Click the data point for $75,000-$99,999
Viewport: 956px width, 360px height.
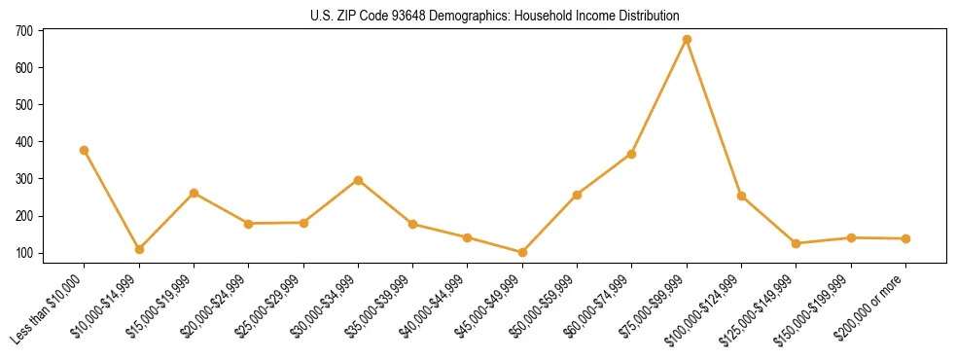(x=687, y=40)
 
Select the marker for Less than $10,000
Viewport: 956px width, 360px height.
(x=84, y=151)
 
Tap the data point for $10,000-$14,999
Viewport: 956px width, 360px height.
(x=139, y=249)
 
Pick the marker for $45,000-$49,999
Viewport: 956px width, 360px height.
(x=522, y=252)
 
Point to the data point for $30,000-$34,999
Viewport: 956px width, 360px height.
(x=358, y=180)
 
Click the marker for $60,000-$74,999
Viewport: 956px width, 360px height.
(x=632, y=154)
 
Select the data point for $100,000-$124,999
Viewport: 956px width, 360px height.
(x=741, y=196)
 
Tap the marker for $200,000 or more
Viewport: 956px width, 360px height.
(x=905, y=238)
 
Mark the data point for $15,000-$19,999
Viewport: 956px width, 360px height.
(x=194, y=193)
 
